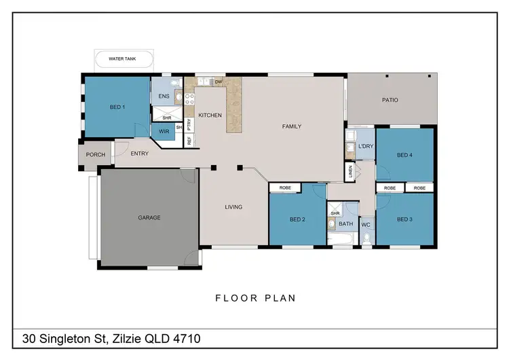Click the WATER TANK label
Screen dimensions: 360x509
point(122,60)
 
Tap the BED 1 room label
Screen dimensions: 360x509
point(117,107)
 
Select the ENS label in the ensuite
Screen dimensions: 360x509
point(164,96)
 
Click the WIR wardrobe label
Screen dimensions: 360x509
point(163,130)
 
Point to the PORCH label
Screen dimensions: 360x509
point(96,154)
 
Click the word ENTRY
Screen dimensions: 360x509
point(139,154)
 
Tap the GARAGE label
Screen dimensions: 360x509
point(149,218)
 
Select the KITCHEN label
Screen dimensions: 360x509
point(210,115)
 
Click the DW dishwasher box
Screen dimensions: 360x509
point(219,82)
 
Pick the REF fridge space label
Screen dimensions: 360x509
point(189,141)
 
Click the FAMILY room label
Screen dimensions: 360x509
point(292,126)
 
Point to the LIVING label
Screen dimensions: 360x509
point(233,208)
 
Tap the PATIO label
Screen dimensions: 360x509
point(390,101)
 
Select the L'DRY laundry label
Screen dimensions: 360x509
point(366,147)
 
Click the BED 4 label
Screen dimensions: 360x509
point(404,156)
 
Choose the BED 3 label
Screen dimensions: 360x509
point(404,219)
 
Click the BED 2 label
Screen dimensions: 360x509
point(297,219)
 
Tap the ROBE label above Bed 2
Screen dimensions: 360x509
point(286,187)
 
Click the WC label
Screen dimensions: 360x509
point(366,224)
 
